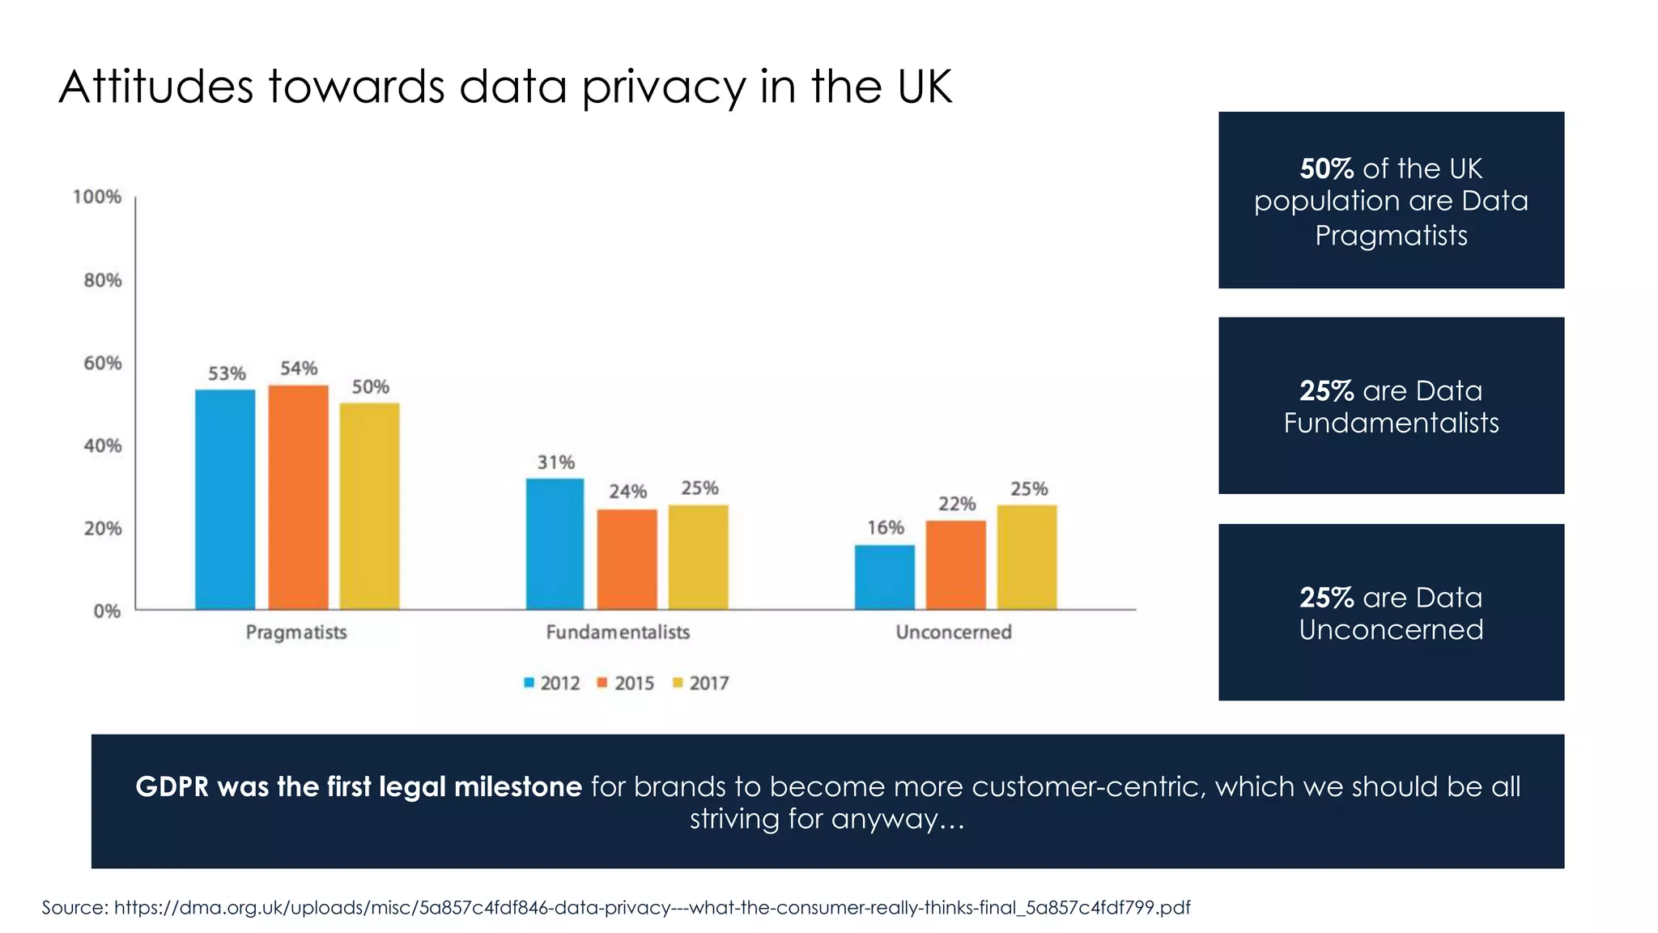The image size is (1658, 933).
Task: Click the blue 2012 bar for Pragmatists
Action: point(225,499)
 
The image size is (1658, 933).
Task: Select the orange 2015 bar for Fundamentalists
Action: point(627,559)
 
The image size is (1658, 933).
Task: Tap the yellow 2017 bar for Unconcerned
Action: point(1027,557)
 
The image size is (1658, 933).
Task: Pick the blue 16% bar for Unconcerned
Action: point(885,577)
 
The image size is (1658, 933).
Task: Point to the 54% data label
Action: point(299,369)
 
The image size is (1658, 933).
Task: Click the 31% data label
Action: point(556,462)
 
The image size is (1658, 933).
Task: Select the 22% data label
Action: point(957,504)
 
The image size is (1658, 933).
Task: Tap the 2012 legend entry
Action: point(552,683)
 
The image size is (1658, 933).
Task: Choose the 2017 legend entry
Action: point(701,683)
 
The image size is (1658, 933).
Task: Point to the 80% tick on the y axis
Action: point(103,280)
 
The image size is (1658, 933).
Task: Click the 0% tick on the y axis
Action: point(107,611)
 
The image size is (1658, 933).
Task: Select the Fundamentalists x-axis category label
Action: point(618,632)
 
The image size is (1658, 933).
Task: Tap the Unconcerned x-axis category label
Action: point(954,632)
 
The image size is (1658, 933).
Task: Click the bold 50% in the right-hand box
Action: point(1326,168)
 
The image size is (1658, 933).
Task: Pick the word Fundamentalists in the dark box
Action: point(1391,423)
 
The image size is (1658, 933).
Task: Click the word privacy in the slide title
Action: point(664,87)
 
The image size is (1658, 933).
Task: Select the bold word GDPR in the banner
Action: point(172,786)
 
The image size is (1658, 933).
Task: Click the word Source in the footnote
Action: point(74,907)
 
